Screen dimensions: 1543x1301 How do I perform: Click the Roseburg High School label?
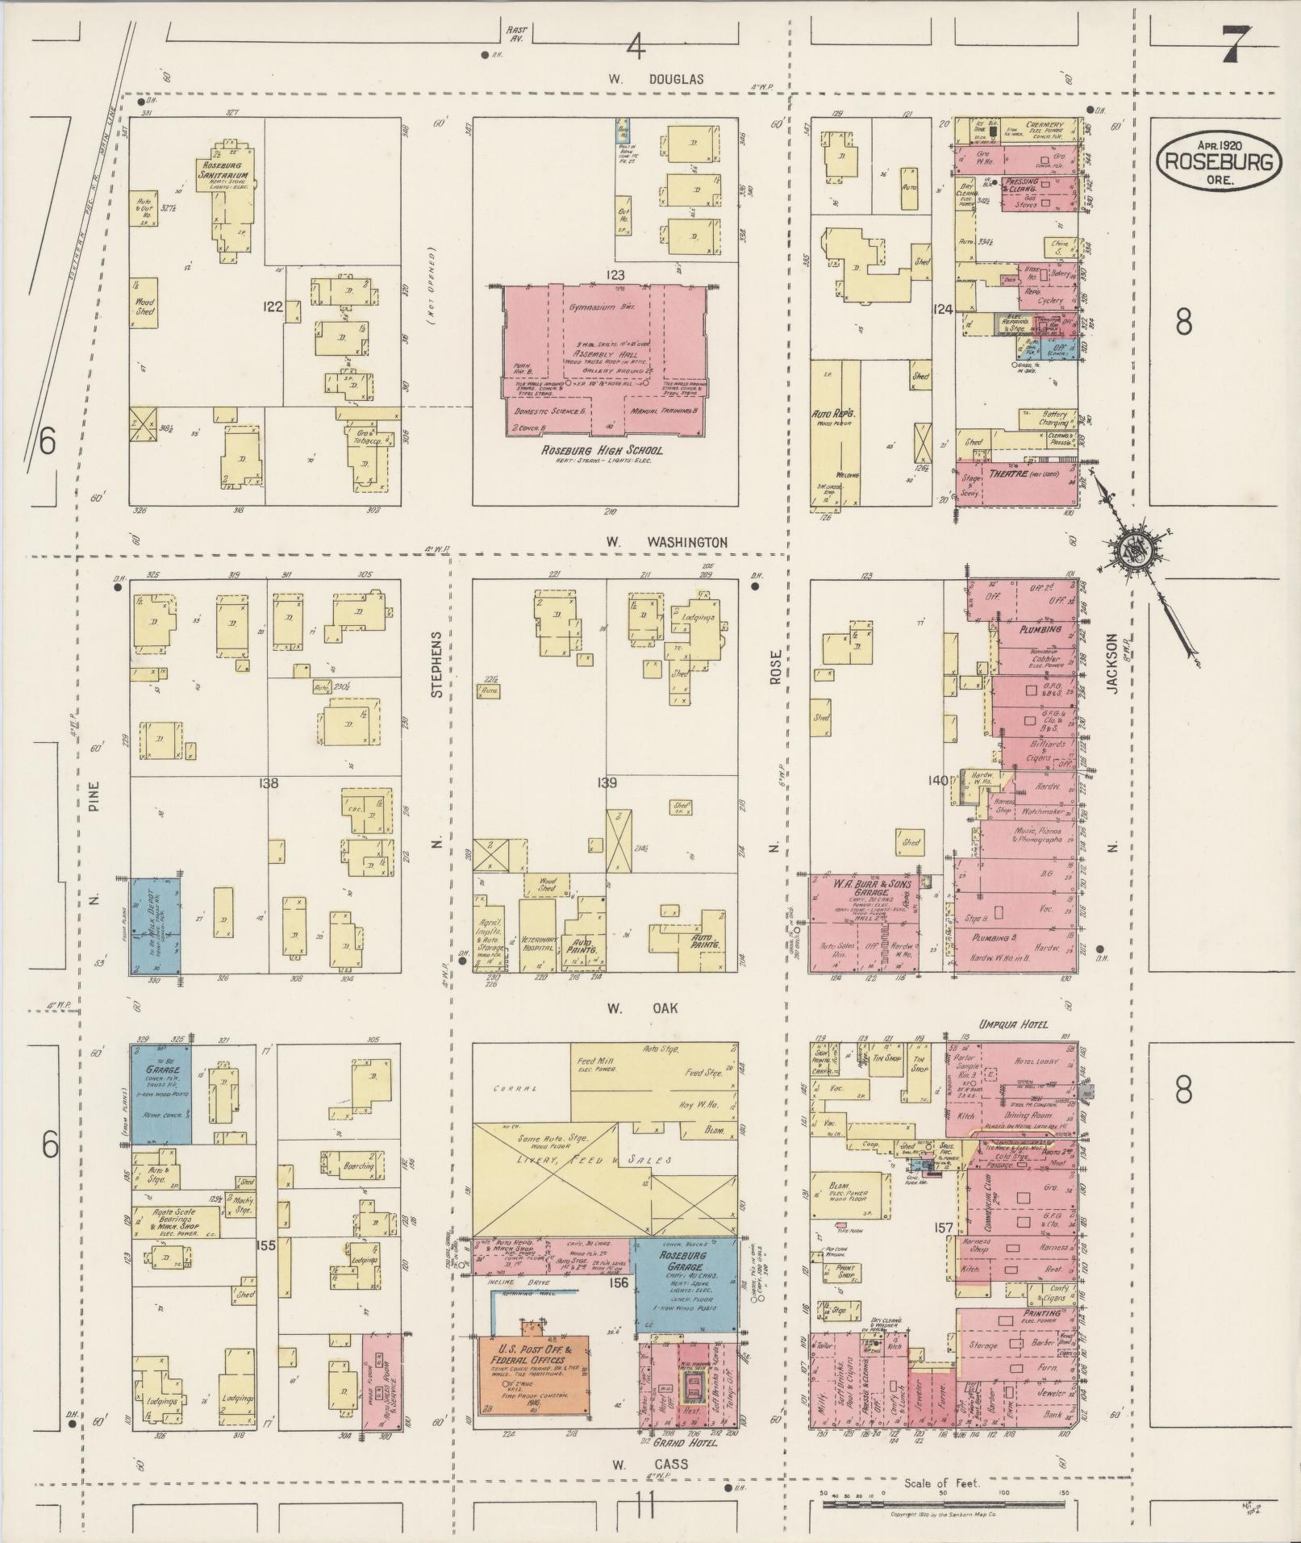pyautogui.click(x=603, y=449)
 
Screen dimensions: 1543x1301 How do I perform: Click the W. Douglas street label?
pyautogui.click(x=656, y=79)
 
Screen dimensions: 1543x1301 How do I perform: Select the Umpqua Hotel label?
pyautogui.click(x=1013, y=1024)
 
